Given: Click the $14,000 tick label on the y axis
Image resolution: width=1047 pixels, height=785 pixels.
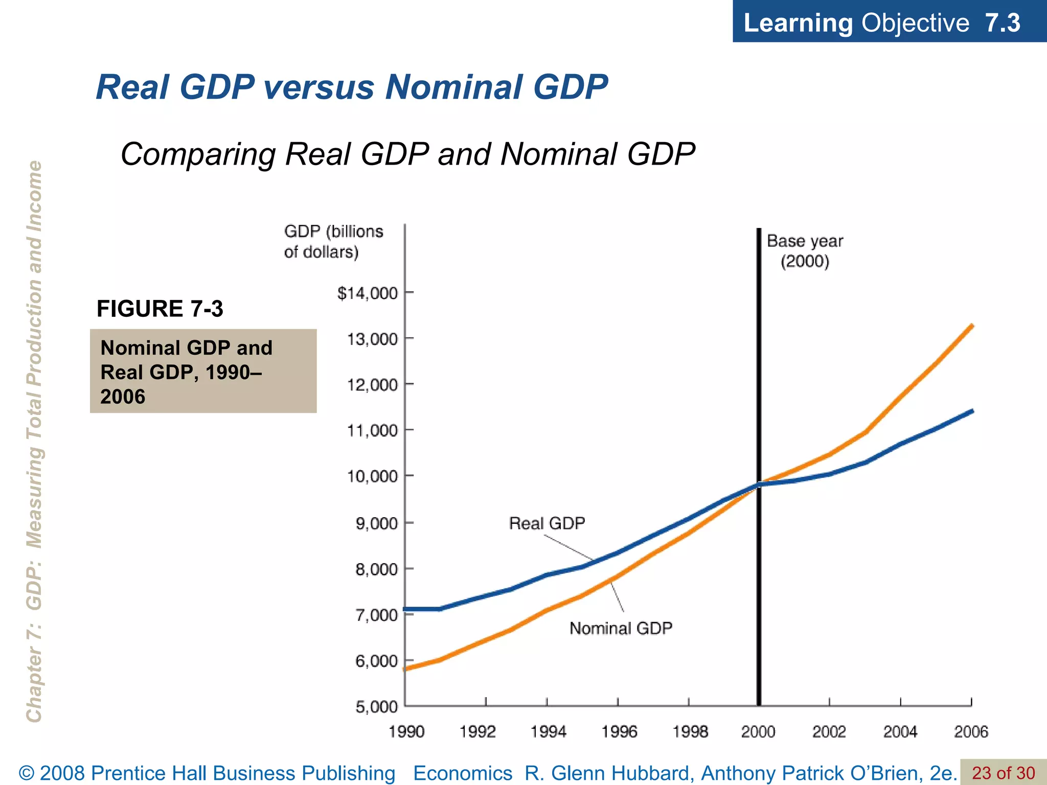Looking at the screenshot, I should click(367, 293).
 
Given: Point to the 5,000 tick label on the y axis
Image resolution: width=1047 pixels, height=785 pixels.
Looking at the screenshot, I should click(376, 707).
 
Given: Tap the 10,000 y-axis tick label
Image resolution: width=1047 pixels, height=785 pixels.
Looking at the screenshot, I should click(372, 476).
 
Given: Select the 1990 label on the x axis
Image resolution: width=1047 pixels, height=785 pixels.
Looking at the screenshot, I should click(406, 732).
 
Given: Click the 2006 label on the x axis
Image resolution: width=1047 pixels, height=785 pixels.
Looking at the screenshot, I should click(971, 732).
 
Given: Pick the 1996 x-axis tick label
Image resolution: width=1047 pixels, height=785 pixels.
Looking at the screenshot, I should click(619, 732).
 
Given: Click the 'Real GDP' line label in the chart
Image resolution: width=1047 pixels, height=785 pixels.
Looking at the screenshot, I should click(547, 523).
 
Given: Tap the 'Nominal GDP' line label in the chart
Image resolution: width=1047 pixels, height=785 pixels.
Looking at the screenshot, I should click(621, 628).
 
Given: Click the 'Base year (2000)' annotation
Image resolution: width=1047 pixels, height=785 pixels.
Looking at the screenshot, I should click(805, 251).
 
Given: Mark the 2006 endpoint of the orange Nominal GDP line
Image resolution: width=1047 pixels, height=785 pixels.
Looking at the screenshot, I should click(972, 326).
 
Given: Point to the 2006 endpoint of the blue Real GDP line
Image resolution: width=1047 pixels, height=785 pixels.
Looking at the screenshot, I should click(972, 411).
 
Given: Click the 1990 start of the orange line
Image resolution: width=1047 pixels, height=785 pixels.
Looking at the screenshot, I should click(406, 668).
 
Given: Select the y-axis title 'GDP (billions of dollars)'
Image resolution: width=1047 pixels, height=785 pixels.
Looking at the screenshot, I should click(333, 242).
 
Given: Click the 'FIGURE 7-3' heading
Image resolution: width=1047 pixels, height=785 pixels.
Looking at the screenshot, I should click(160, 309).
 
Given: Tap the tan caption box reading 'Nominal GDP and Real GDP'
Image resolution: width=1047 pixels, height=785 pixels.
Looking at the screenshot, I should click(203, 372).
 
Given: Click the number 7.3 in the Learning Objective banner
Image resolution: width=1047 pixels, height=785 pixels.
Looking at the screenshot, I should click(1002, 23).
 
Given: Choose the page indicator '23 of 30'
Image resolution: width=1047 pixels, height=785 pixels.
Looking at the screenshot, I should click(1003, 773).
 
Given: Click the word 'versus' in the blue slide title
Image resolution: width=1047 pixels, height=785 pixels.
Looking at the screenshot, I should click(319, 87).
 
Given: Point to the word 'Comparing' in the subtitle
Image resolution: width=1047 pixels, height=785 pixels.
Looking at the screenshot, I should click(199, 154).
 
